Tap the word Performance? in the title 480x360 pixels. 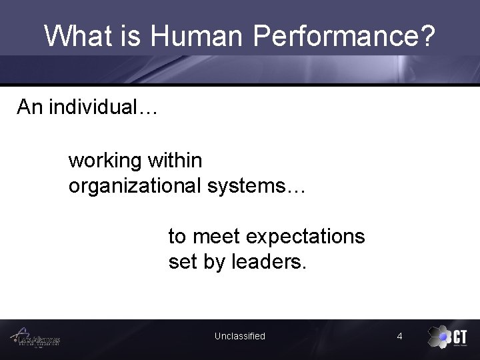[x=345, y=36]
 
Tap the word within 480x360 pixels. [x=175, y=161]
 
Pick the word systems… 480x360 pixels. [x=256, y=186]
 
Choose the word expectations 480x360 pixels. [x=305, y=237]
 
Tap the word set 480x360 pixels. [x=183, y=262]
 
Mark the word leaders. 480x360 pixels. [x=269, y=262]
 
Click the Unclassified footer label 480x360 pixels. [x=239, y=337]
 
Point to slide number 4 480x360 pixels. [x=399, y=337]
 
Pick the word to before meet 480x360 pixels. [x=177, y=237]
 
